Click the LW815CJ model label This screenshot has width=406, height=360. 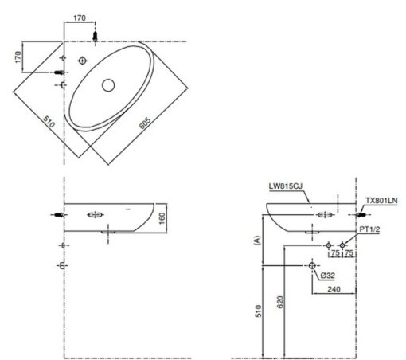(285, 186)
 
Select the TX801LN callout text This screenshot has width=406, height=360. (381, 201)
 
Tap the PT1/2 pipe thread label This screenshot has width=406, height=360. (369, 229)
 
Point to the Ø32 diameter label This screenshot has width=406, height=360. (328, 276)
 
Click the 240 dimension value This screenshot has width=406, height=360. (334, 289)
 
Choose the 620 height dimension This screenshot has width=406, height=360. (280, 302)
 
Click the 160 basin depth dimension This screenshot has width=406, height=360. (162, 218)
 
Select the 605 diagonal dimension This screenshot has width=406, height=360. (145, 123)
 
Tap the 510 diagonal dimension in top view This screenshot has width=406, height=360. (49, 122)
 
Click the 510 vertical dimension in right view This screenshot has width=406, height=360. (258, 311)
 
